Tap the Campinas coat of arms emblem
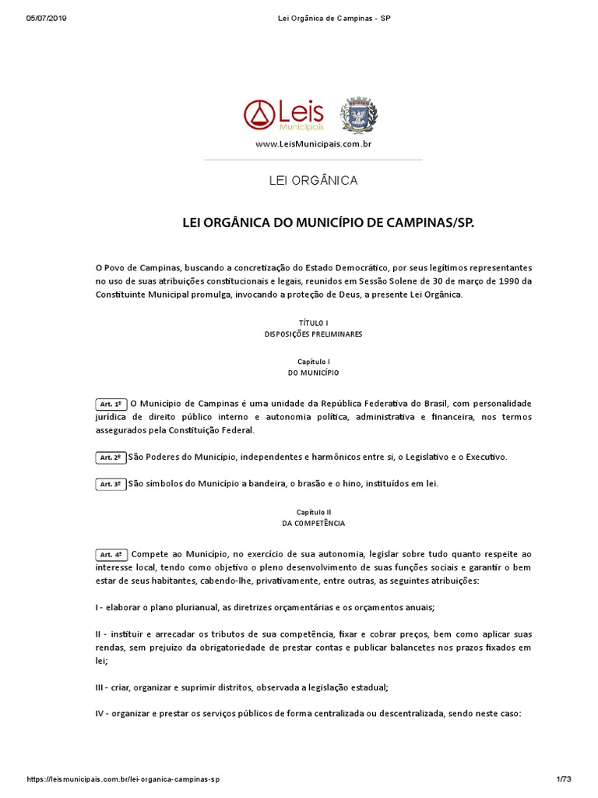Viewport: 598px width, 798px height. [357, 115]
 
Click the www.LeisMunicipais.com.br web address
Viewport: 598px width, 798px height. [313, 145]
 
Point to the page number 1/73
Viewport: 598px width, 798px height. [564, 779]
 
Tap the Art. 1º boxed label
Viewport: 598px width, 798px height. [111, 404]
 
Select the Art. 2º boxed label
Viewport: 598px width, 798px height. [111, 457]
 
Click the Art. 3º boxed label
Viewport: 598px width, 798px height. [111, 484]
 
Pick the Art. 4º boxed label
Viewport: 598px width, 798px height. [111, 556]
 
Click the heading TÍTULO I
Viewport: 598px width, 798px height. [313, 322]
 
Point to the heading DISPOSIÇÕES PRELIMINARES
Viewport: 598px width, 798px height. [313, 334]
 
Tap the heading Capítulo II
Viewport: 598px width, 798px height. [313, 512]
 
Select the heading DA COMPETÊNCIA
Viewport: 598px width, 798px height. [313, 524]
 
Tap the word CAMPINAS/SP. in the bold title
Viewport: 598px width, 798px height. [432, 224]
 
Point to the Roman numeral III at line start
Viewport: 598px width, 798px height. [100, 687]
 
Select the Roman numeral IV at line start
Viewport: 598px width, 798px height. [101, 713]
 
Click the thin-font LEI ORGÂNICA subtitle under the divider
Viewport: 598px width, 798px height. [313, 181]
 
